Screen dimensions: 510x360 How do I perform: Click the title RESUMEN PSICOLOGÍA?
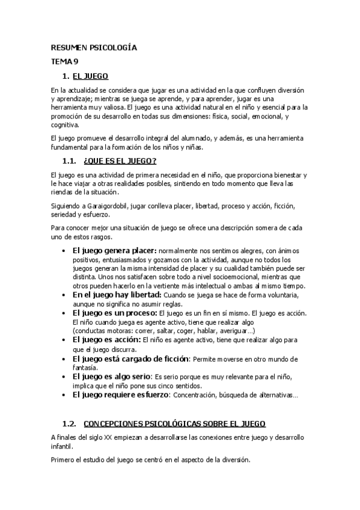click(x=94, y=48)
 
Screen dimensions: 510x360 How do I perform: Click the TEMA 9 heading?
click(x=64, y=61)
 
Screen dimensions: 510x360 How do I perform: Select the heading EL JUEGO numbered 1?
click(x=90, y=76)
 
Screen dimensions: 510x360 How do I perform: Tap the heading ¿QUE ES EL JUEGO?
click(x=120, y=161)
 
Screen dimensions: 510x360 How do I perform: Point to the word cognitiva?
click(x=65, y=125)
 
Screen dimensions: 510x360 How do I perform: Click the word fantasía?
click(x=86, y=367)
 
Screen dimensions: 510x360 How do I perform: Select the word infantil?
click(x=61, y=447)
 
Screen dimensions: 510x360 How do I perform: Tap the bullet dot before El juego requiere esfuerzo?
click(x=64, y=395)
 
